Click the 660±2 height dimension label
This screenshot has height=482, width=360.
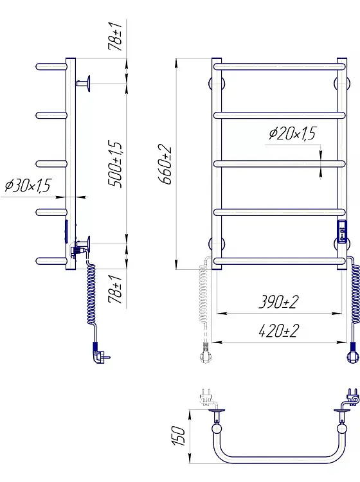point(166,165)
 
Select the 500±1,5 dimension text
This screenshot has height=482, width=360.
point(115,164)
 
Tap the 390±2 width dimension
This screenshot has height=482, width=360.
point(278,302)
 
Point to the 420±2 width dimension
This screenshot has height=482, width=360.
point(278,331)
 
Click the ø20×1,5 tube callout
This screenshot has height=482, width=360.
point(292,134)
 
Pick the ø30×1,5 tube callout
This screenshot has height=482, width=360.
point(28,186)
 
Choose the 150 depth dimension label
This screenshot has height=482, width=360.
point(179,436)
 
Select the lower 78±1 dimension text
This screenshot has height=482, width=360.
point(115,289)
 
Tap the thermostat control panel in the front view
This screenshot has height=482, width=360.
point(342,232)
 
